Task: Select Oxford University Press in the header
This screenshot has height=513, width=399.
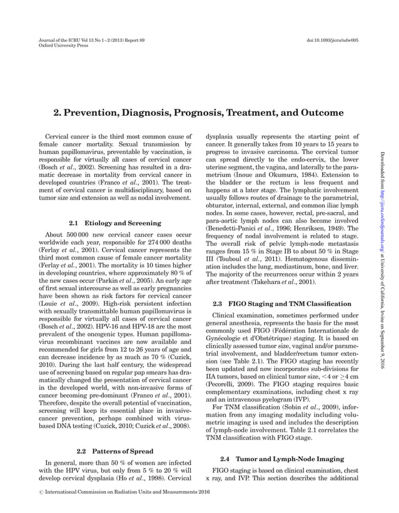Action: coord(56,45)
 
